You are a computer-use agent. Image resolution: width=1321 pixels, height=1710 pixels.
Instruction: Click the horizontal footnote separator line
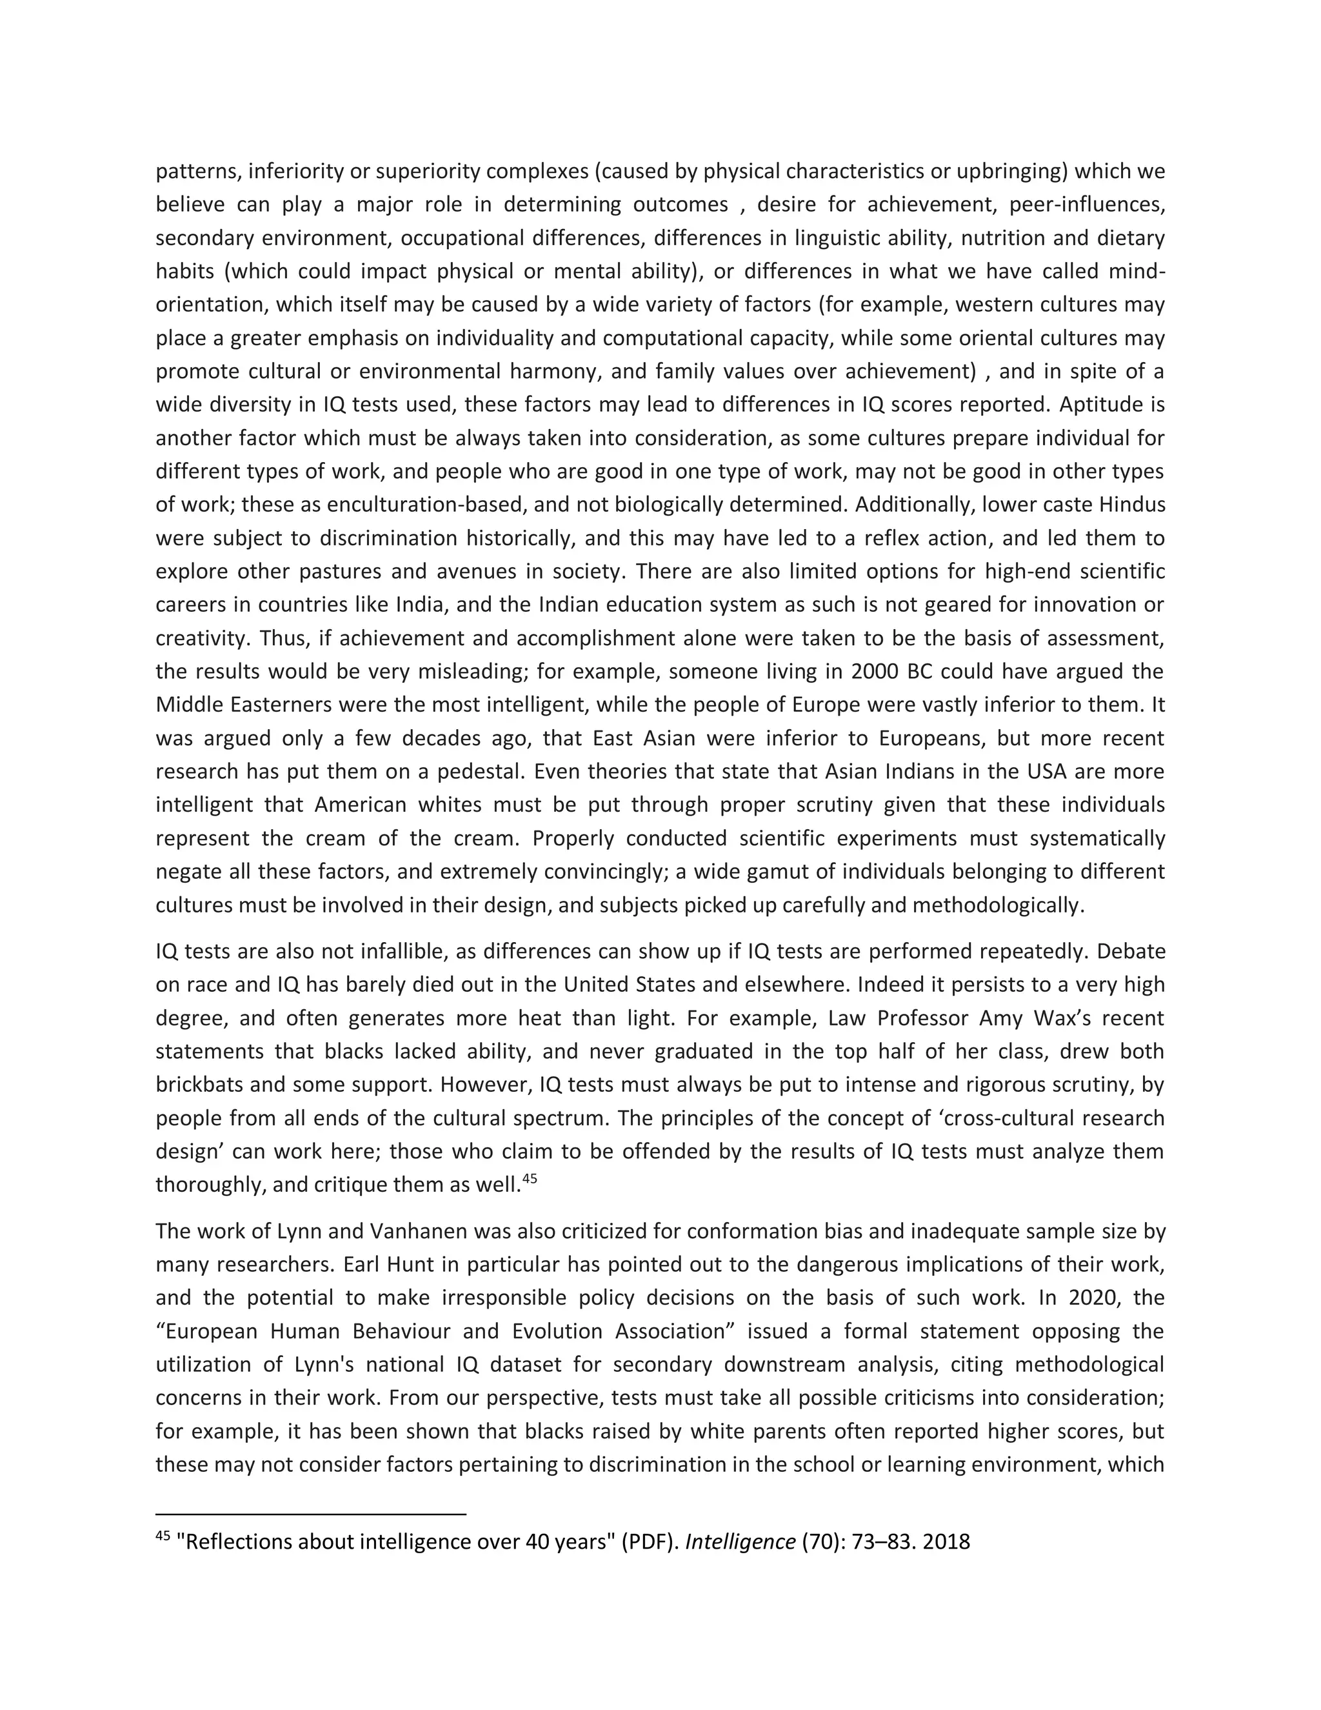[x=311, y=1514]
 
